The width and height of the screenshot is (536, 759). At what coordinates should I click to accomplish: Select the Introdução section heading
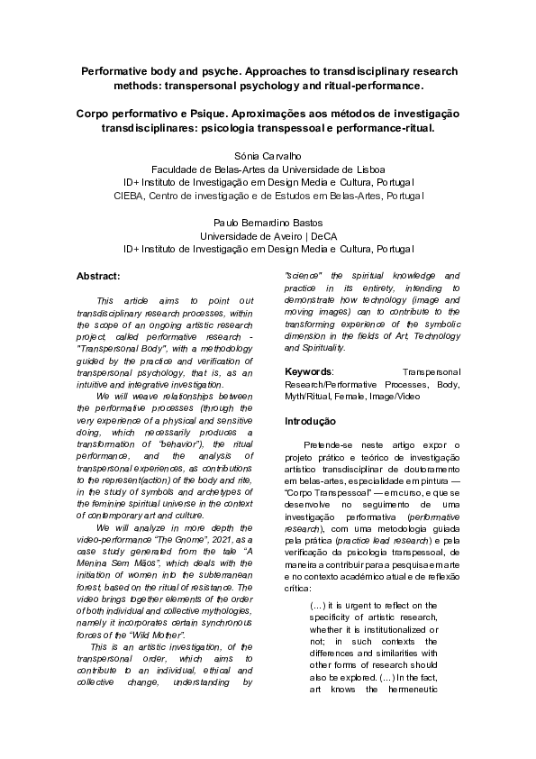coord(311,421)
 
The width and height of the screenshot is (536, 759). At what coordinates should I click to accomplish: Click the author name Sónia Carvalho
coord(268,155)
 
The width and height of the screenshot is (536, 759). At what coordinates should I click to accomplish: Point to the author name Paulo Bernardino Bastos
coord(268,221)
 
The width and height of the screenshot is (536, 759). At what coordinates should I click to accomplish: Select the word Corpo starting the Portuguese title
coord(95,114)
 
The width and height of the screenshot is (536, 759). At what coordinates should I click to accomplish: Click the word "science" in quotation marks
coord(304,274)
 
